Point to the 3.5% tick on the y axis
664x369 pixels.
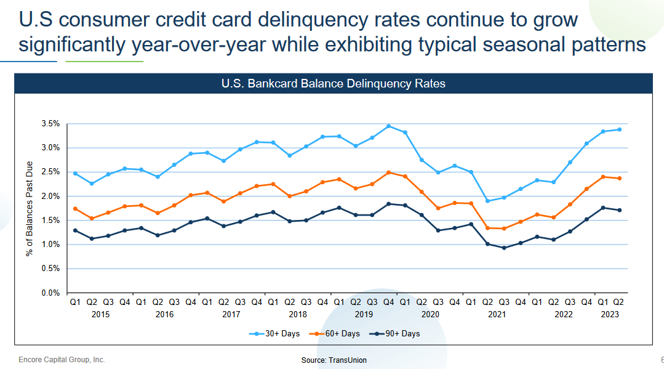[50, 124]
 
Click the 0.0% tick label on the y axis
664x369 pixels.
[50, 293]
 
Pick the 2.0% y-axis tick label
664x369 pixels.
[50, 196]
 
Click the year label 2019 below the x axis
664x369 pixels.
[364, 314]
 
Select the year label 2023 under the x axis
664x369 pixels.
[610, 314]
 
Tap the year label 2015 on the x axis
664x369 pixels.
[100, 314]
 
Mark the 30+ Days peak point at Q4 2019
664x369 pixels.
[388, 126]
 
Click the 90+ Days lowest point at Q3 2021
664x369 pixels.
[504, 248]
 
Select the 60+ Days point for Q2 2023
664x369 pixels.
[619, 179]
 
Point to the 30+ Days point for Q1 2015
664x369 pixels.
[75, 173]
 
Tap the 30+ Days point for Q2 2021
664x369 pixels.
[487, 201]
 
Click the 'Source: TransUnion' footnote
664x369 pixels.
[334, 360]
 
